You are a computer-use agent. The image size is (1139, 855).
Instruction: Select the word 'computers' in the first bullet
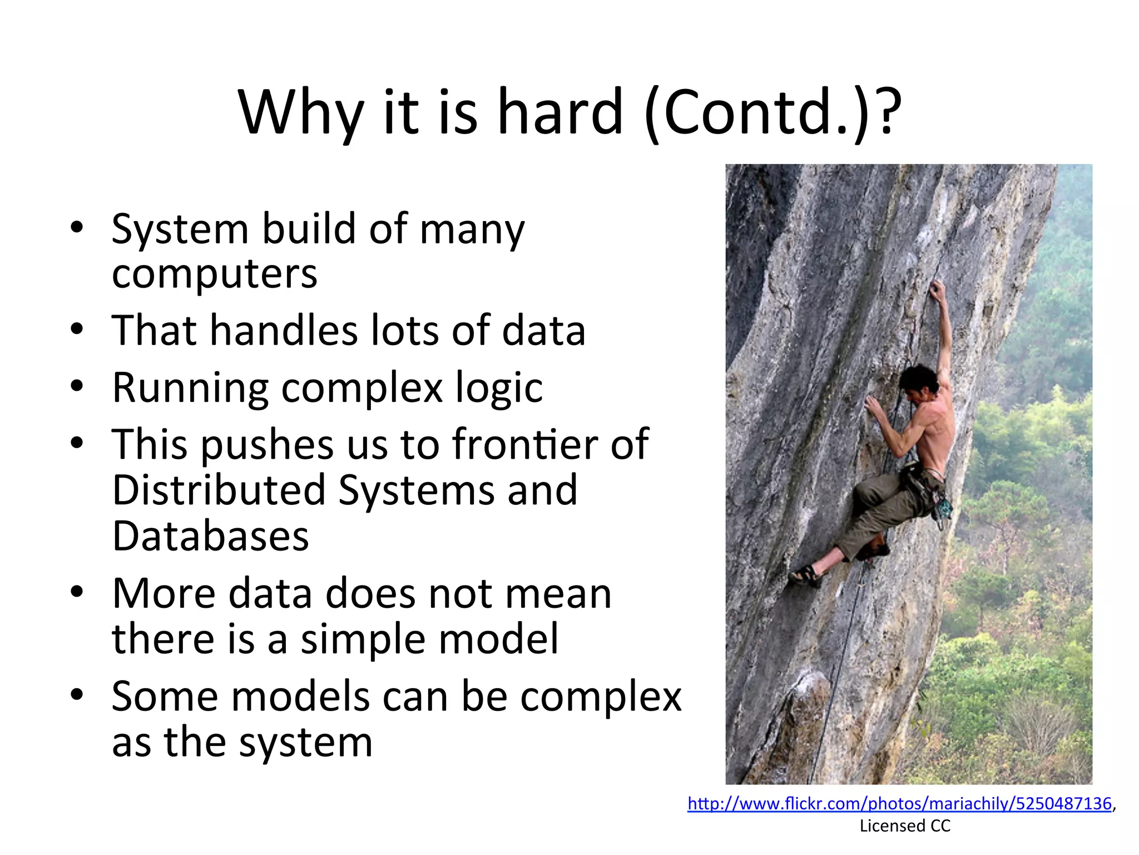point(215,274)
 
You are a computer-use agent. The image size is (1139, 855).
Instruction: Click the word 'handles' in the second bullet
point(284,331)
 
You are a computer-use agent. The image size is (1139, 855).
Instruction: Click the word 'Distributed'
point(219,490)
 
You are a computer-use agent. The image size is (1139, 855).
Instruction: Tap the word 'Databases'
point(210,537)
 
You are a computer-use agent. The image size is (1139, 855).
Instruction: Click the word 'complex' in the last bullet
point(601,696)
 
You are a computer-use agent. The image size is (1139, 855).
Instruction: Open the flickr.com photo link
point(899,803)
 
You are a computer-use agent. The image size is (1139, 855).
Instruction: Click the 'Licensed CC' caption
point(905,826)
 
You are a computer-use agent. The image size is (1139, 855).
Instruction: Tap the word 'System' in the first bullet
point(180,229)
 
